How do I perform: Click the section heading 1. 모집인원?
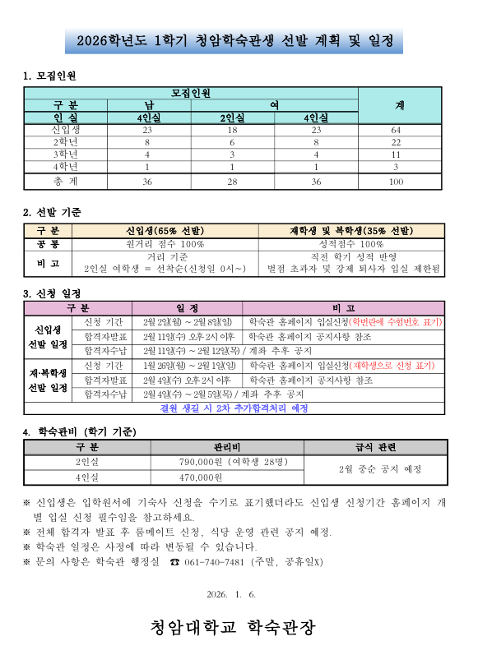click(x=49, y=76)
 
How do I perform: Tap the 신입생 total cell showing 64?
click(x=397, y=130)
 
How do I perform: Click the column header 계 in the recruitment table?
click(x=399, y=106)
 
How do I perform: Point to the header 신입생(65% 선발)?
click(x=165, y=230)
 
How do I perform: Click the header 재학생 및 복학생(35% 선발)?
click(x=351, y=230)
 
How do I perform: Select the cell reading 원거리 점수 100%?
click(x=165, y=244)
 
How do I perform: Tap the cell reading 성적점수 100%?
click(x=351, y=244)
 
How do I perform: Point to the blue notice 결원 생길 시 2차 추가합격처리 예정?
click(x=234, y=408)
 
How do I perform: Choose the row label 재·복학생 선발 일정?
click(x=48, y=380)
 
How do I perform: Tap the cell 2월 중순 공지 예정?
click(x=369, y=469)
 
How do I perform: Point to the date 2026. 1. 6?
click(x=234, y=594)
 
